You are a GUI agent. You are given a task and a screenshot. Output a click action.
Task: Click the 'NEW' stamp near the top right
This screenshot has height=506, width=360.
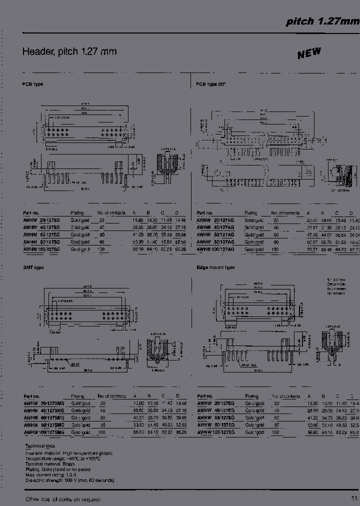309,53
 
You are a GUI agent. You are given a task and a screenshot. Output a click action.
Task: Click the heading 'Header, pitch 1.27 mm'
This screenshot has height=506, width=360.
69,51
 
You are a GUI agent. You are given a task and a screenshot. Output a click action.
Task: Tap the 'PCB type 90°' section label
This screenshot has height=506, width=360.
211,84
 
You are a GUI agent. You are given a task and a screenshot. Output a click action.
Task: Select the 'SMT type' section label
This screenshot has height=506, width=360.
33,267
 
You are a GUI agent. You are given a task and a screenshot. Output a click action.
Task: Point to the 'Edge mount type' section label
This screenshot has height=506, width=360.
215,267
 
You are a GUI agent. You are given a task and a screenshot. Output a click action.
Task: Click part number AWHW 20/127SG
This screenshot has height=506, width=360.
41,220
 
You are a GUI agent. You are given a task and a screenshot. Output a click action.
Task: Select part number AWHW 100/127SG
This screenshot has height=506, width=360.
41,248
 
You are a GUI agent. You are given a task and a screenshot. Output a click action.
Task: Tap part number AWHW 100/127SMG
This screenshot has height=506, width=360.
43,431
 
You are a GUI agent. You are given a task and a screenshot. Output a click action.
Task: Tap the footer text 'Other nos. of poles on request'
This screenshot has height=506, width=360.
62,499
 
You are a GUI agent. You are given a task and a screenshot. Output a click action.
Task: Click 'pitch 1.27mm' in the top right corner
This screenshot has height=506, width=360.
322,21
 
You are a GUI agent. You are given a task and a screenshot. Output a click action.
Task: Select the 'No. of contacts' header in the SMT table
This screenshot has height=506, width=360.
111,396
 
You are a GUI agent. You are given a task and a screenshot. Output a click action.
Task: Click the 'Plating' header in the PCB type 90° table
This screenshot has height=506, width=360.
251,213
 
